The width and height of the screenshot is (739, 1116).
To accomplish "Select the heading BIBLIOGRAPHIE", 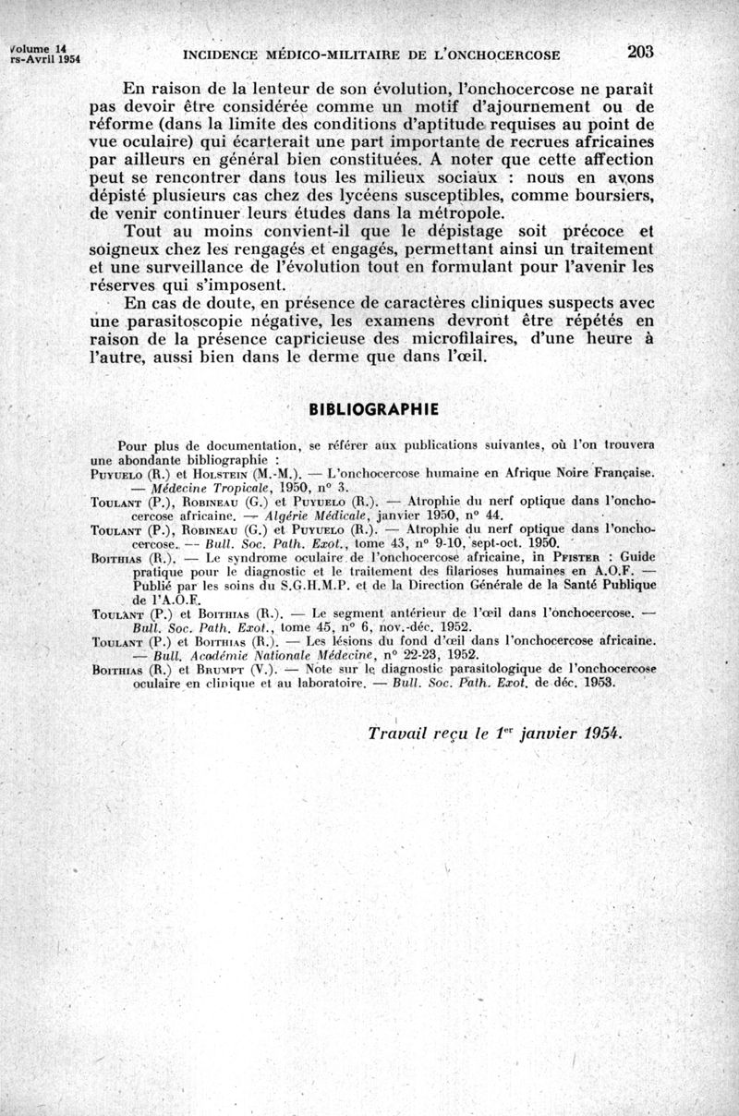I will coord(372,408).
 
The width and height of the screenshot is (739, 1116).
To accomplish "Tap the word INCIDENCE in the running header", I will coord(224,55).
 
